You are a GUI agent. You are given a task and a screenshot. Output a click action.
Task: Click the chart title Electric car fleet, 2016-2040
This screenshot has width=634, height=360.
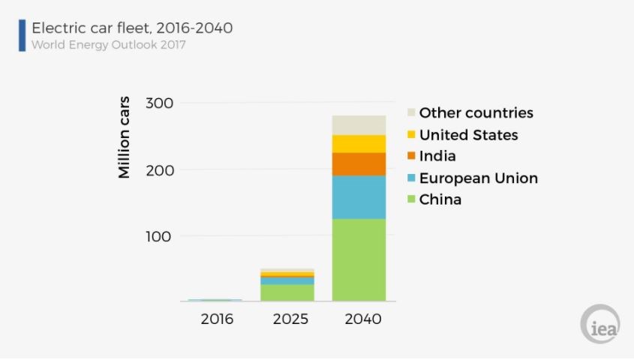131,28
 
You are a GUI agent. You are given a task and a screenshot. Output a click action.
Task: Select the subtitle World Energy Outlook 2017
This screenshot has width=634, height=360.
108,45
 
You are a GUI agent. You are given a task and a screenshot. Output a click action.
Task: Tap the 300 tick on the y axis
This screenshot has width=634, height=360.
160,103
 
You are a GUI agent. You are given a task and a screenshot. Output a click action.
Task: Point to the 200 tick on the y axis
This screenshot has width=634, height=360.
160,169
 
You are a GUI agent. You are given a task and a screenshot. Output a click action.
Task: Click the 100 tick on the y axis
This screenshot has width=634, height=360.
160,236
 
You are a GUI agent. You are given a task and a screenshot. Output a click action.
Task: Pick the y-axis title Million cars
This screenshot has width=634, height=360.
125,137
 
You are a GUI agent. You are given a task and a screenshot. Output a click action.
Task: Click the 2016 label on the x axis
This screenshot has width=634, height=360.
217,319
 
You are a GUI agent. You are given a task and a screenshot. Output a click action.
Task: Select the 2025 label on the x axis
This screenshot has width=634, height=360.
290,319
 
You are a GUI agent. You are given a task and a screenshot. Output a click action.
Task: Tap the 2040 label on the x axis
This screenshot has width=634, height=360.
362,319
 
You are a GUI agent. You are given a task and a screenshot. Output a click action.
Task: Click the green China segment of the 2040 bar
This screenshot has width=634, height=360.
359,259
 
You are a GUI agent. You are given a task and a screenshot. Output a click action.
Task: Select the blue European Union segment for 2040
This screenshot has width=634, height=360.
359,196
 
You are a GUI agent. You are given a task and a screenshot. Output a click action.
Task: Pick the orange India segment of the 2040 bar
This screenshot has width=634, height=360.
359,163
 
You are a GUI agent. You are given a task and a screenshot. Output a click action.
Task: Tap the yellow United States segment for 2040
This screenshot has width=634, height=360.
359,143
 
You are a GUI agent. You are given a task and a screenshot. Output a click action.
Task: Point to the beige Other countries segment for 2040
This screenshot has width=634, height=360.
359,124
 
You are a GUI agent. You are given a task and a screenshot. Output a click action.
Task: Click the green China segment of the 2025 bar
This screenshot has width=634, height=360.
287,292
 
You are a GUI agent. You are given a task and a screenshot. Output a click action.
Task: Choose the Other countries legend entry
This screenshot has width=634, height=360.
476,113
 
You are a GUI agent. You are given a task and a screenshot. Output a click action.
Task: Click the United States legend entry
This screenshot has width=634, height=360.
468,135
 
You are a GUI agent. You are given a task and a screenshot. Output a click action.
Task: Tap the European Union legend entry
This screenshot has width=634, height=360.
478,178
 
